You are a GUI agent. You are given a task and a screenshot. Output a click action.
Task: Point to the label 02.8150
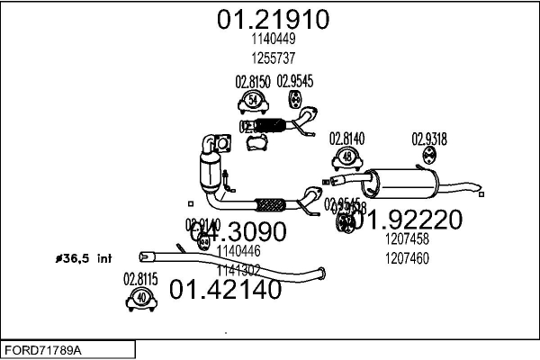253,82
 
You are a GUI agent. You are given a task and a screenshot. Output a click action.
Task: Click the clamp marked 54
254,99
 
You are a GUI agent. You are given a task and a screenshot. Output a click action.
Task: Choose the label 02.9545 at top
294,81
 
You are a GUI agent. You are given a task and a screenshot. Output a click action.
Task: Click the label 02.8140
346,139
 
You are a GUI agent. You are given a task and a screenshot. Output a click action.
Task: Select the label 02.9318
430,139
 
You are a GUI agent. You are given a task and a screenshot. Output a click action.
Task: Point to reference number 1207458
407,240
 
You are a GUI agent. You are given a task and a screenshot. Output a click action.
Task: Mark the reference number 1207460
407,256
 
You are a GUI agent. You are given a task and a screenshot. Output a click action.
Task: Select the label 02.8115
140,279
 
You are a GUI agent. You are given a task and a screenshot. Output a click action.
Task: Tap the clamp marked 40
141,298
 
